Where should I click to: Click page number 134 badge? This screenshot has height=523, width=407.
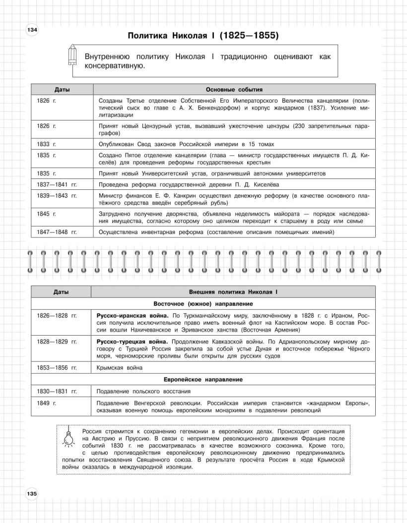pos(31,31)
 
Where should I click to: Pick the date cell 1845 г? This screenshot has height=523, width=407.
pos(47,213)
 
